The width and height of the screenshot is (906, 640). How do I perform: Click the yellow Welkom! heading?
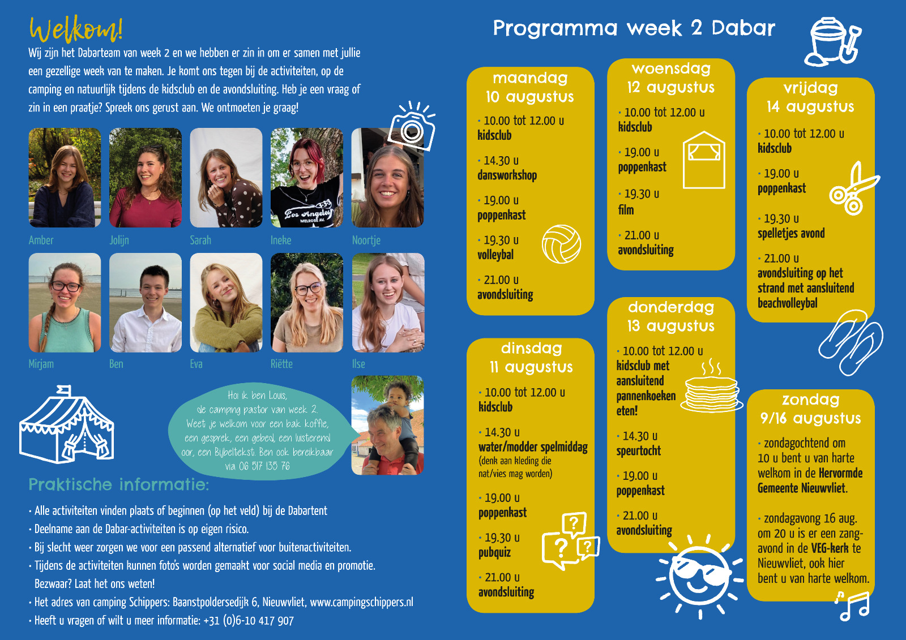tap(76, 29)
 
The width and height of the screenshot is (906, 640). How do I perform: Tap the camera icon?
tap(412, 127)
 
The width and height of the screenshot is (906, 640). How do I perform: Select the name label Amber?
tap(41, 240)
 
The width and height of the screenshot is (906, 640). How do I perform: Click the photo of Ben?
tap(146, 302)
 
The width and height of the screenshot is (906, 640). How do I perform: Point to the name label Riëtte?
tap(281, 364)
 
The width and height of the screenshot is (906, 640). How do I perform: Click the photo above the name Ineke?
tap(306, 178)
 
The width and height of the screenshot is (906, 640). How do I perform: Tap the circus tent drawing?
tap(67, 424)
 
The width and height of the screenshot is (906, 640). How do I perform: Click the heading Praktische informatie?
tap(119, 484)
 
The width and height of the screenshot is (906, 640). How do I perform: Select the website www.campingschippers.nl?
tap(362, 602)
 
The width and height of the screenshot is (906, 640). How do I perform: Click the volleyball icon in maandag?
tap(561, 244)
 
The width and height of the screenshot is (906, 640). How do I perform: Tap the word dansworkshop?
tap(507, 175)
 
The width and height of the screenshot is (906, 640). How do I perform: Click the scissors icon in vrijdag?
tap(853, 189)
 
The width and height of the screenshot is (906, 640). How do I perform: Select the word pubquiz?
tap(495, 553)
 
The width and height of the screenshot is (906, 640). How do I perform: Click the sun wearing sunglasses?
tap(700, 576)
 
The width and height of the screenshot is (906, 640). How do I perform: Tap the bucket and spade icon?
tap(833, 41)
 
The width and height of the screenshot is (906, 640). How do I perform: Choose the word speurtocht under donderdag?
tap(639, 451)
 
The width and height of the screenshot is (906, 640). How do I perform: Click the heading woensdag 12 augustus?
tap(671, 78)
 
